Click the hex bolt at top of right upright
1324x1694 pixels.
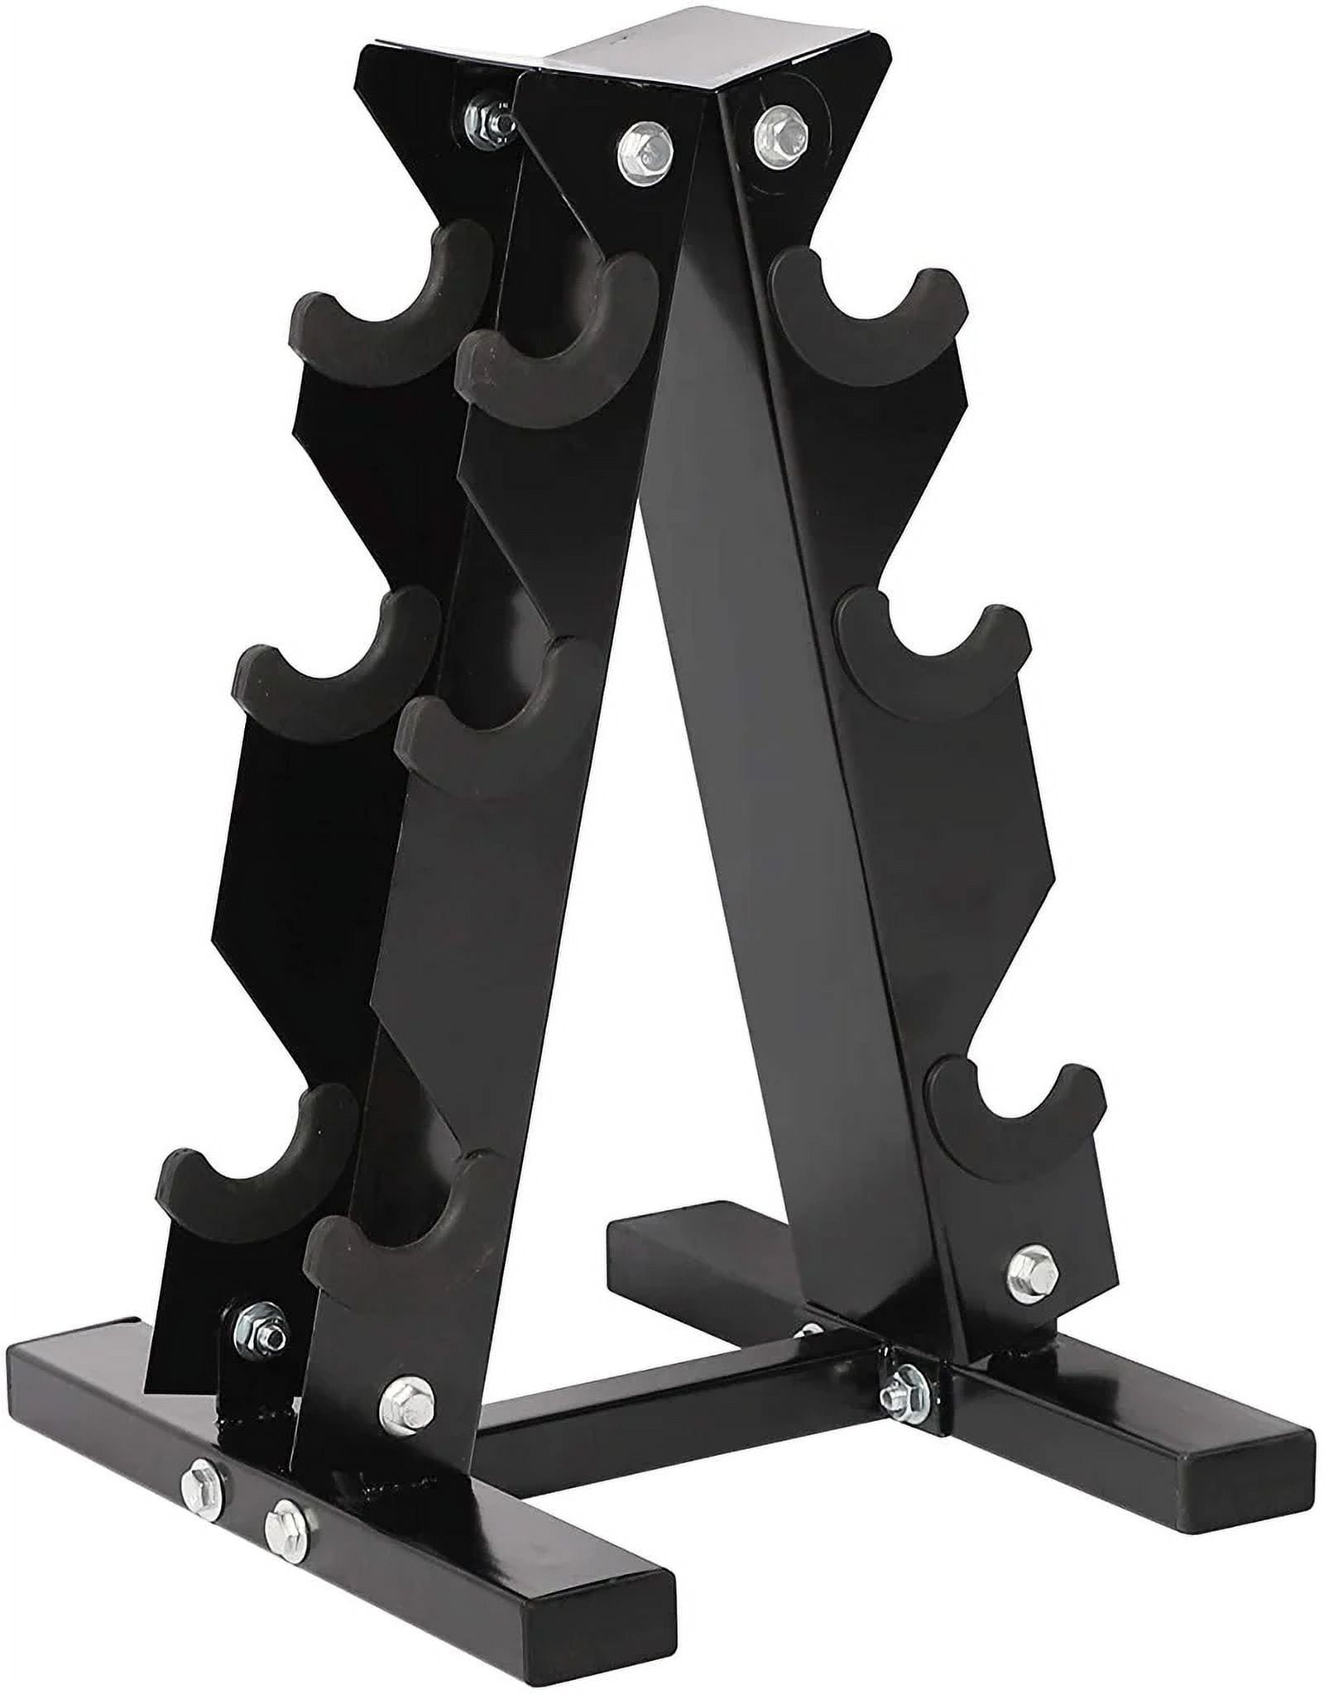click(x=774, y=127)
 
